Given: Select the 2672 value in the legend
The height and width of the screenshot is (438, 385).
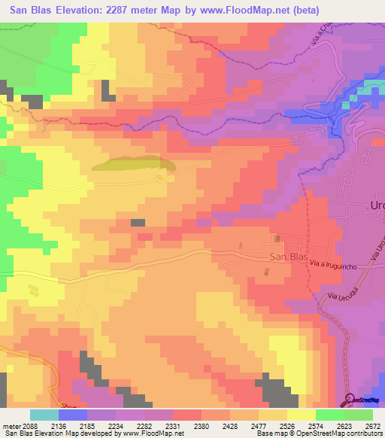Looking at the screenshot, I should (x=372, y=425).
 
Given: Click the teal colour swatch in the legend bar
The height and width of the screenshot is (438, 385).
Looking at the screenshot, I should (x=44, y=415).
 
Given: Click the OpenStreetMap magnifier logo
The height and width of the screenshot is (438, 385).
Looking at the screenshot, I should (x=351, y=399).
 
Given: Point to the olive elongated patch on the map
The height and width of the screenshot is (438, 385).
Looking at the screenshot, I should (x=132, y=163).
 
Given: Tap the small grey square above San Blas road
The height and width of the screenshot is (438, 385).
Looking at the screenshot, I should (x=138, y=222).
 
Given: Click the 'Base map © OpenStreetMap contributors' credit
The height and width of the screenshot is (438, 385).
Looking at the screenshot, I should (x=319, y=433).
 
